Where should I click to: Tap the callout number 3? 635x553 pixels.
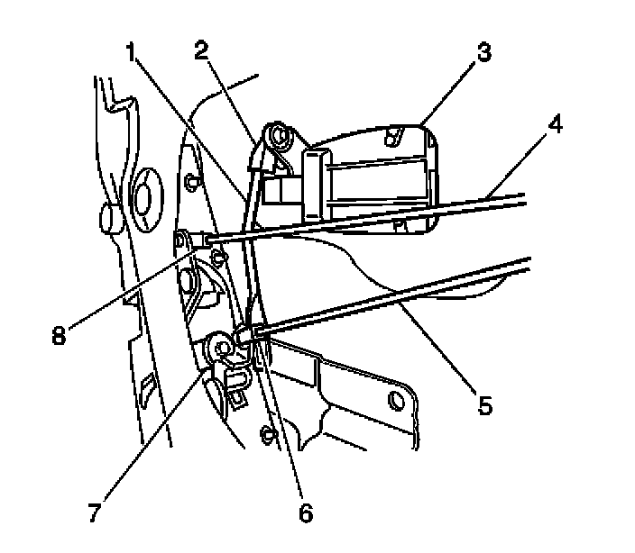(x=484, y=51)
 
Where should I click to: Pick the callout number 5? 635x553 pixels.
(x=484, y=404)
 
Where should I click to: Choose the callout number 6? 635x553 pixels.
(x=306, y=513)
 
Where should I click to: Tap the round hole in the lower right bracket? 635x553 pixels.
(x=394, y=398)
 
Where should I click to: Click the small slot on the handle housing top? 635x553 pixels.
(x=391, y=135)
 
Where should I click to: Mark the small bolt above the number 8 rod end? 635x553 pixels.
(x=190, y=185)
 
